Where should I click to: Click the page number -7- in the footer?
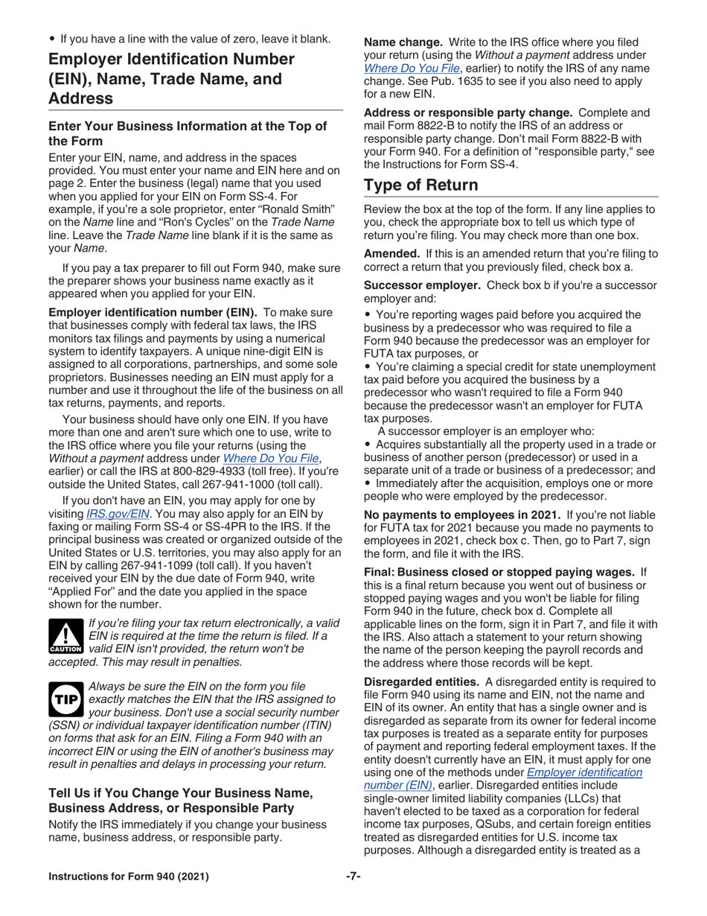click(353, 877)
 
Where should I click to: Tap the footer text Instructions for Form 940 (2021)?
click(129, 877)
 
